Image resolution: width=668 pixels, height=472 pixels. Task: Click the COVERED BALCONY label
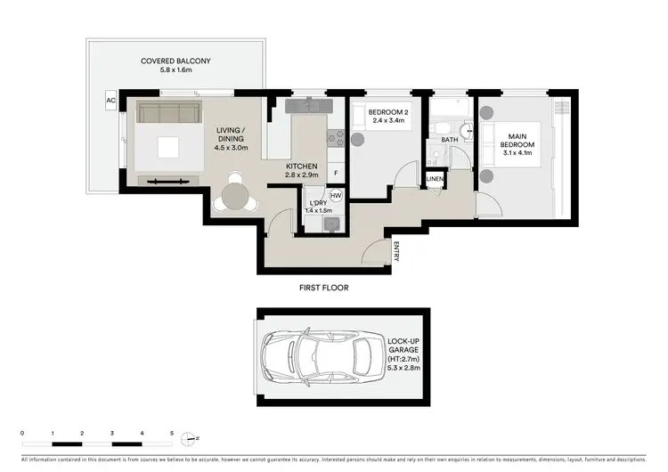tap(175, 61)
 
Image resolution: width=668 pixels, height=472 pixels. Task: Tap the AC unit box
tap(111, 101)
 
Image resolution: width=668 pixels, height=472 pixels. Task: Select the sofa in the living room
tap(167, 114)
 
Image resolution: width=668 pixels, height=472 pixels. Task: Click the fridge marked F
tap(336, 172)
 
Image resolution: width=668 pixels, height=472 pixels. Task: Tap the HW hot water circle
tap(336, 195)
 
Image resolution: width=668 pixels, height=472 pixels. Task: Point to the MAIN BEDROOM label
tap(517, 142)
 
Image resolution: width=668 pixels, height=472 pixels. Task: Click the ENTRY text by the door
tap(396, 252)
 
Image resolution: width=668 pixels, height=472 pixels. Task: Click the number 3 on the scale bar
tap(112, 433)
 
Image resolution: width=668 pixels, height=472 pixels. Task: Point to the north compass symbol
tap(189, 438)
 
